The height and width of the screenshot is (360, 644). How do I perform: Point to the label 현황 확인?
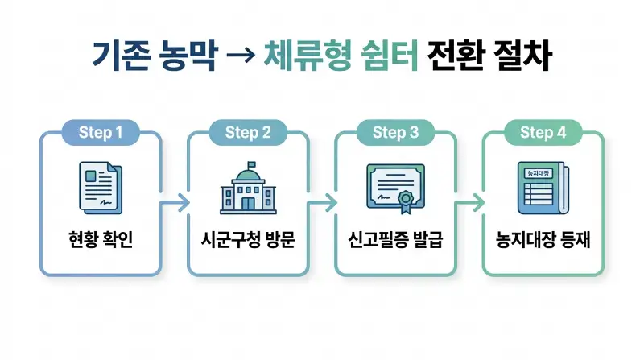[101, 240]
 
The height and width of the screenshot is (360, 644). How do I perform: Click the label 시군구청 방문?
[248, 240]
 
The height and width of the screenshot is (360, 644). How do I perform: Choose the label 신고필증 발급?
[395, 240]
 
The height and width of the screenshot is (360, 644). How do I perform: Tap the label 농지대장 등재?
[543, 240]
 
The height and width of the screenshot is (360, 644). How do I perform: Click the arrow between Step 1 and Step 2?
[175, 202]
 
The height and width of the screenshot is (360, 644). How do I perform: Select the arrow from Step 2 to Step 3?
[322, 202]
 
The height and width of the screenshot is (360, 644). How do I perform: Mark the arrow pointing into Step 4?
[469, 202]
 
